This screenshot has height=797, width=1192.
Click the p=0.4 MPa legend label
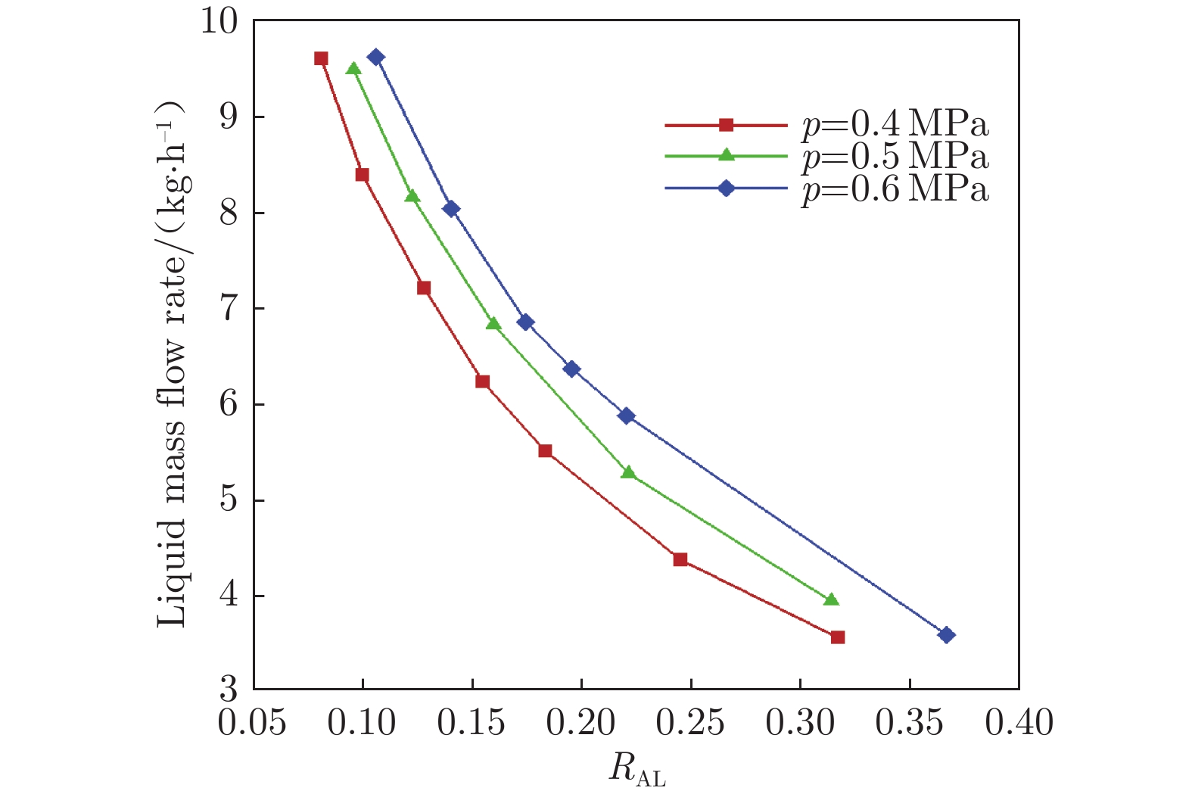tap(895, 124)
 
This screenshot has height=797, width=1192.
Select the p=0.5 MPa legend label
tap(895, 157)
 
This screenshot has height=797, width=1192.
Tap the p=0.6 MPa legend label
tap(895, 189)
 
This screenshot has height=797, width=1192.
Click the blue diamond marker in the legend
tap(726, 188)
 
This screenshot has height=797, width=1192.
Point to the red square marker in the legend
tap(726, 125)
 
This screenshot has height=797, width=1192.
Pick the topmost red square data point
tap(321, 58)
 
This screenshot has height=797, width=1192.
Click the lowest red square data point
tap(837, 637)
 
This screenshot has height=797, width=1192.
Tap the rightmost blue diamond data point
tap(946, 635)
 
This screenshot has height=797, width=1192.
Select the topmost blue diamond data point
tap(376, 57)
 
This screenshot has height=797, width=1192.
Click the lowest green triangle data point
tap(831, 599)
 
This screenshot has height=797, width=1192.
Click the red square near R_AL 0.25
tap(680, 559)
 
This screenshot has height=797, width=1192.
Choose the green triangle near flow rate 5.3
tap(627, 472)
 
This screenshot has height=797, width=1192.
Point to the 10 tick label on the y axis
tap(219, 22)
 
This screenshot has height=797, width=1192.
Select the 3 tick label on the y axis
tap(229, 690)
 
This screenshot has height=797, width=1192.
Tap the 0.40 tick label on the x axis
tap(1019, 724)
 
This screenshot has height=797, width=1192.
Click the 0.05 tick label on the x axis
tap(253, 724)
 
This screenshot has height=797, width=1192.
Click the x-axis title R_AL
tap(637, 771)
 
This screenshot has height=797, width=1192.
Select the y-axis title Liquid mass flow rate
tap(173, 363)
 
